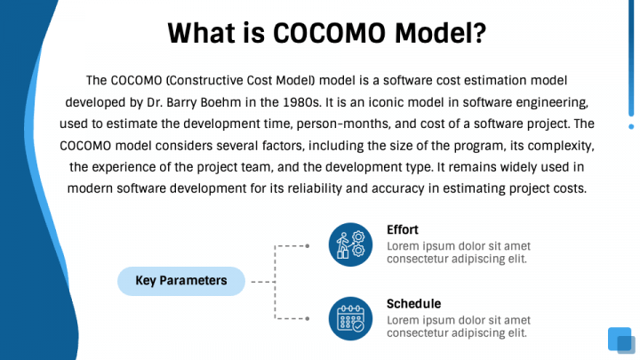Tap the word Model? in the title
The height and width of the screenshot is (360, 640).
[x=442, y=33]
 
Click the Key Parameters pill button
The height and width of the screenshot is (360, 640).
[x=180, y=281]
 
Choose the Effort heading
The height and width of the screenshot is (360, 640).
[x=402, y=229]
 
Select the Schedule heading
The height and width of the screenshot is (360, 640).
[x=413, y=303]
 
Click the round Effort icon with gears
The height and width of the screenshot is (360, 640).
[x=350, y=244]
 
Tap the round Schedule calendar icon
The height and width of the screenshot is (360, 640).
[x=350, y=318]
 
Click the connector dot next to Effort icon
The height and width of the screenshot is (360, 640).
[x=307, y=244]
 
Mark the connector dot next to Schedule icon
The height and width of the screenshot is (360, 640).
[x=307, y=318]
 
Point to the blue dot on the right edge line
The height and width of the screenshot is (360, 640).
[x=631, y=126]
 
